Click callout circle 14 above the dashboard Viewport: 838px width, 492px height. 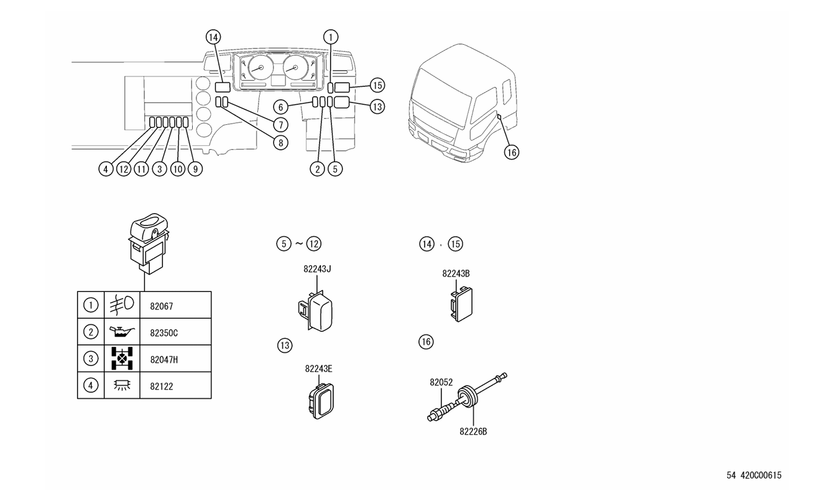[213, 37]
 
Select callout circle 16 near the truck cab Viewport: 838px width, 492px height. [512, 152]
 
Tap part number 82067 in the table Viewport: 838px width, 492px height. [162, 306]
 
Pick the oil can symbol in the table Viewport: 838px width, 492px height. [122, 332]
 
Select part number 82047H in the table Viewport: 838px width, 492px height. [164, 360]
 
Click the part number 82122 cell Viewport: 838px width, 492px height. [175, 385]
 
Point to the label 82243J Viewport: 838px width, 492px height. [317, 269]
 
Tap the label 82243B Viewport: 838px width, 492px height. [456, 274]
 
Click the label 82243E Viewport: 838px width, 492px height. [318, 369]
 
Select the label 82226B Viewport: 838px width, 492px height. [473, 432]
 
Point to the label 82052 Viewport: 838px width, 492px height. [441, 383]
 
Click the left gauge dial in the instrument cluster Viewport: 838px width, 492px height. [260, 68]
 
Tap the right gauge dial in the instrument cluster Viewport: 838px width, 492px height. [295, 68]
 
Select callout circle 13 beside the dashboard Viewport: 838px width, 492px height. [377, 107]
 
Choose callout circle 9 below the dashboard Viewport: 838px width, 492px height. [195, 169]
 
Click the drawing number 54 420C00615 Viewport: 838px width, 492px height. [754, 475]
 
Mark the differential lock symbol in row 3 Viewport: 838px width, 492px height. [122, 358]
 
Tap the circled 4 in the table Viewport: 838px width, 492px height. [91, 385]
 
